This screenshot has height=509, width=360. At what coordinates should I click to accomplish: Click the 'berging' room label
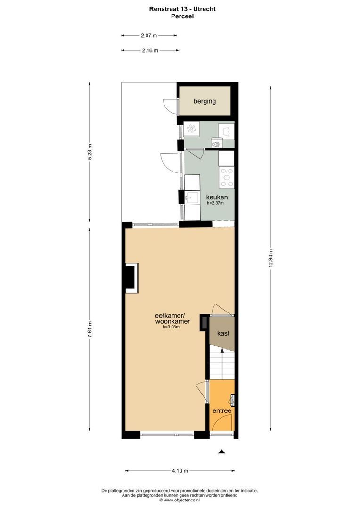[x=205, y=101]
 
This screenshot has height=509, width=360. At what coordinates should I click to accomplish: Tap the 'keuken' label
[x=217, y=197]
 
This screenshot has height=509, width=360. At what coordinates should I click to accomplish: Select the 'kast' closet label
[x=223, y=333]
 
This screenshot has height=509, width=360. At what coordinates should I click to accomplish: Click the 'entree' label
[x=222, y=411]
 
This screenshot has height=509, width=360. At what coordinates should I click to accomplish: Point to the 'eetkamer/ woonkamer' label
[x=172, y=319]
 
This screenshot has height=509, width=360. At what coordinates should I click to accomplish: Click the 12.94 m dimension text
[x=270, y=259]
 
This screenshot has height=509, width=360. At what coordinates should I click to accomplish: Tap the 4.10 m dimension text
[x=180, y=470]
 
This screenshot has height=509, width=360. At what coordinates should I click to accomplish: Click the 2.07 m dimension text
[x=149, y=35]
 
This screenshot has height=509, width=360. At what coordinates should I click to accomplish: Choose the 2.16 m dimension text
[x=150, y=50]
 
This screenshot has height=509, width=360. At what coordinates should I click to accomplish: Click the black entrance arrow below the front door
[x=222, y=452]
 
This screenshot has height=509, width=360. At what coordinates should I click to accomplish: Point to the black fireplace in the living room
[x=130, y=278]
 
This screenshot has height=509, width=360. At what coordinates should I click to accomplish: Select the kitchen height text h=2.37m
[x=215, y=203]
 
